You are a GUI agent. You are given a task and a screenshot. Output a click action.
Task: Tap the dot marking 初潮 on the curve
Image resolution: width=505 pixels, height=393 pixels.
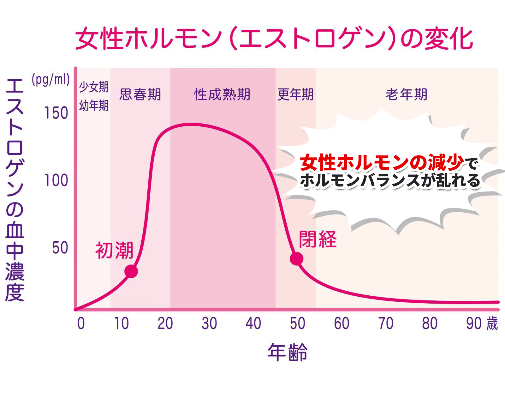pyautogui.click(x=131, y=271)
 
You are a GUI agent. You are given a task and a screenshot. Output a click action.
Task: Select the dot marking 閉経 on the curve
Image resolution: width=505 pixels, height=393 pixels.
pyautogui.click(x=296, y=259)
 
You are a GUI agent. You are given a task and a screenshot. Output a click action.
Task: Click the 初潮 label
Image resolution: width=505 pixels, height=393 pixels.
pyautogui.click(x=114, y=251)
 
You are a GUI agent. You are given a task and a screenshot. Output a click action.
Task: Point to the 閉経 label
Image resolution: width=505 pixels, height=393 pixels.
pyautogui.click(x=318, y=239)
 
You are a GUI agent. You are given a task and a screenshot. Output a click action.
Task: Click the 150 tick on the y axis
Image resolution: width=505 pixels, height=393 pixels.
pyautogui.click(x=56, y=113)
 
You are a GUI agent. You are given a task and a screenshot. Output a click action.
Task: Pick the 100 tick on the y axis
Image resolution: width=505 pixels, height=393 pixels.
pyautogui.click(x=56, y=180)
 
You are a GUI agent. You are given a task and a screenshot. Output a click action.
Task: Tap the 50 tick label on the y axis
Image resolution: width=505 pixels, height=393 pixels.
pyautogui.click(x=60, y=248)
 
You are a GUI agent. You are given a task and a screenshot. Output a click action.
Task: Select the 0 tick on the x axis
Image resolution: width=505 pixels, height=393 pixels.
pyautogui.click(x=81, y=323)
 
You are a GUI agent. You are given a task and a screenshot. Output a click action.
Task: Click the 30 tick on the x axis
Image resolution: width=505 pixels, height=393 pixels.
pyautogui.click(x=209, y=323)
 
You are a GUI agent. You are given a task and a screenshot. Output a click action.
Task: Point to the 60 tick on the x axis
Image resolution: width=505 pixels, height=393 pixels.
pyautogui.click(x=342, y=323)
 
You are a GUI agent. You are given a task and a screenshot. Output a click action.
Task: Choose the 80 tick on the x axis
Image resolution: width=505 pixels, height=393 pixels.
pyautogui.click(x=430, y=323)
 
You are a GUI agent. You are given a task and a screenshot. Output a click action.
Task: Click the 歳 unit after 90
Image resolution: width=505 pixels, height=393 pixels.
pyautogui.click(x=492, y=324)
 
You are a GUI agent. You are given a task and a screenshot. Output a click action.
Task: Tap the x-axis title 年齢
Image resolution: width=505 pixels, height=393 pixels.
pyautogui.click(x=287, y=352)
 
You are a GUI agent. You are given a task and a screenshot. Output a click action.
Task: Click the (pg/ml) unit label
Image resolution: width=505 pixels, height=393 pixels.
pyautogui.click(x=50, y=80)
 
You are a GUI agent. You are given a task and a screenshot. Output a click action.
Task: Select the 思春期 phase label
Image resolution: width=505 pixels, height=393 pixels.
pyautogui.click(x=140, y=94)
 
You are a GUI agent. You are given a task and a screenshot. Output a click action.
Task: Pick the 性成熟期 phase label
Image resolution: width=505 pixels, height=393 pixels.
pyautogui.click(x=222, y=94)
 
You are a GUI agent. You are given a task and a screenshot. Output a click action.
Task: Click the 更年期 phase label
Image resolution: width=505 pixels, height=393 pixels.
pyautogui.click(x=295, y=94)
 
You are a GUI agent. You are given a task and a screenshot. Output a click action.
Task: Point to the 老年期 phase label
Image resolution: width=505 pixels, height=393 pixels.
pyautogui.click(x=406, y=94)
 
